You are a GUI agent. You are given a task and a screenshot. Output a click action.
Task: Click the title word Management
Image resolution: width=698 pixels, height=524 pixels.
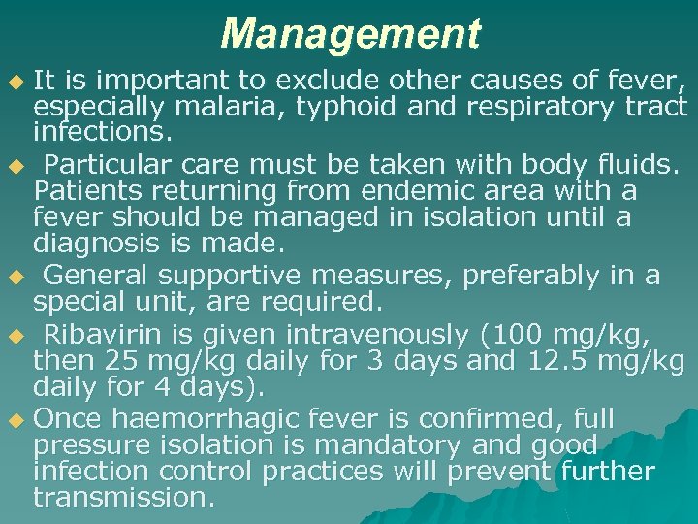coord(350,34)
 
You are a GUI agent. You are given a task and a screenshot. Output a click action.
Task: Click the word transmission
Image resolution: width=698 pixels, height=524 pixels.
coord(123,498)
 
